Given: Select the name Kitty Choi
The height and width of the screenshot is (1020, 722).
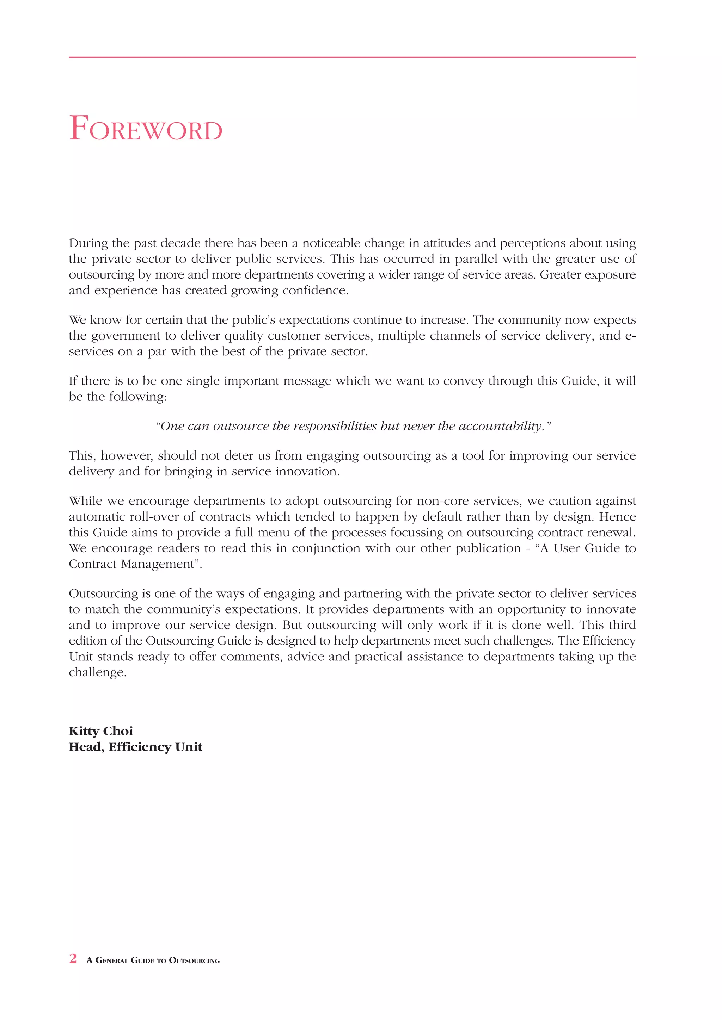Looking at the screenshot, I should point(101,731).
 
